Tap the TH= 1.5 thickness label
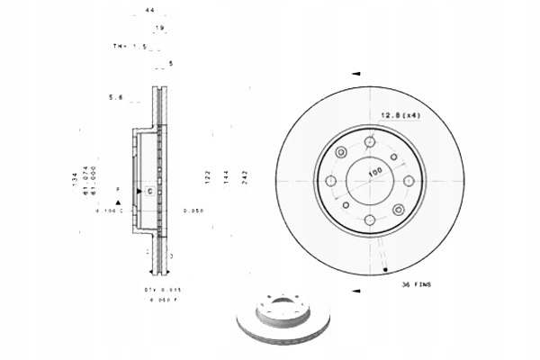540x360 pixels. (123, 45)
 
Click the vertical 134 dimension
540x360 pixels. (75, 179)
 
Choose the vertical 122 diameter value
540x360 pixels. (208, 179)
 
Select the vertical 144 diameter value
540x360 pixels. (226, 179)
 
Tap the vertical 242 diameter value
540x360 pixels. (244, 179)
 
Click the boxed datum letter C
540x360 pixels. (148, 192)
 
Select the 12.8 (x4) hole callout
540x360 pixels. (397, 115)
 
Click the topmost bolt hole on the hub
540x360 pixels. (371, 140)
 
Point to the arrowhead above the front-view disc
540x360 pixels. (356, 73)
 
